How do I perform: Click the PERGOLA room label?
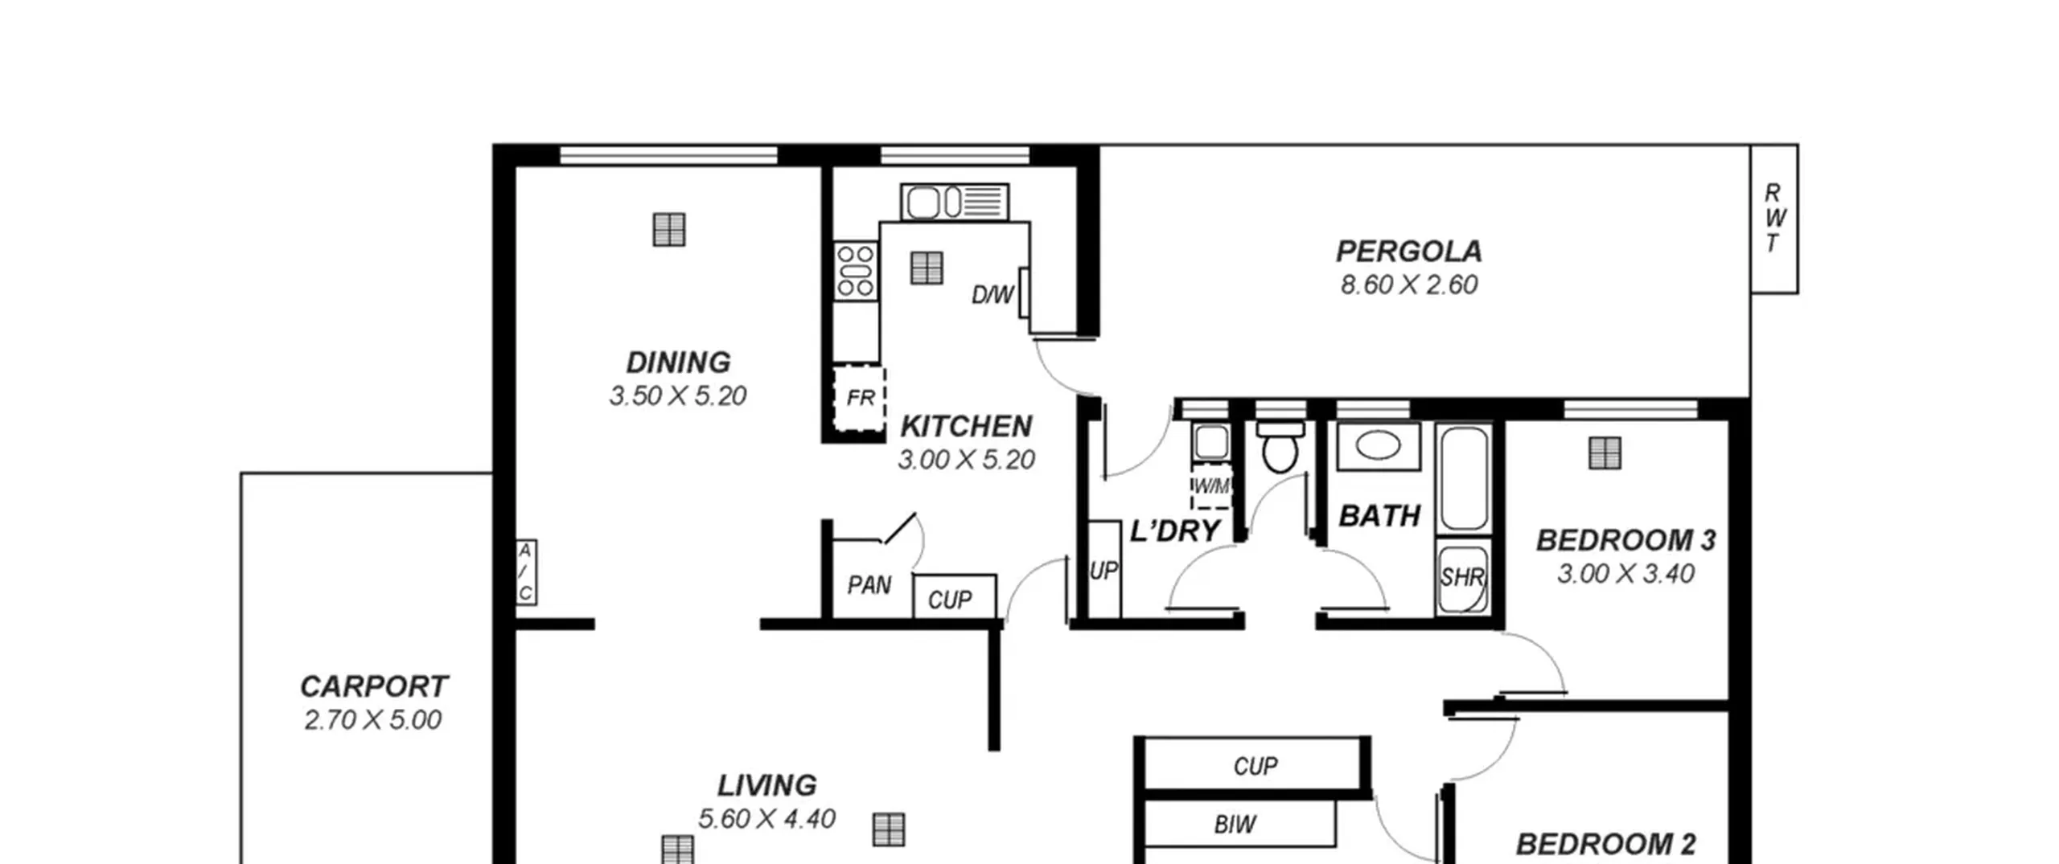coord(1408,252)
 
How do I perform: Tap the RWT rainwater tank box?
coord(1774,219)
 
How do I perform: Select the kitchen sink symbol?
coord(955,202)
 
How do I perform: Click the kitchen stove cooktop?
coord(855,271)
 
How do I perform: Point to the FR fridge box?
coord(859,398)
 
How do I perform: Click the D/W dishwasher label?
coord(993,295)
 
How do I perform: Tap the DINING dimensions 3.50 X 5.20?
coord(678,396)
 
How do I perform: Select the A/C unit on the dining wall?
coord(526,572)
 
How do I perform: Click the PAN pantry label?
coord(869,585)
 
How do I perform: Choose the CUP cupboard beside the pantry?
coord(955,596)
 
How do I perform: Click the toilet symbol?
coord(1280,448)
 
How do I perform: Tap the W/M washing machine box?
coord(1211,486)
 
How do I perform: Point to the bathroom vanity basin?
coord(1378,445)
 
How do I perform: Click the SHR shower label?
coord(1462,577)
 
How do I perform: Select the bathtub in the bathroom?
coord(1464,479)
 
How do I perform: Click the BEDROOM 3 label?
coord(1625,541)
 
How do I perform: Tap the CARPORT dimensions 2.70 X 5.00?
coord(373,720)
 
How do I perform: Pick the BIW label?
coord(1235,825)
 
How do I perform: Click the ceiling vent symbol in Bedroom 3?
coord(1605,454)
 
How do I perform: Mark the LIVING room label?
coord(766,785)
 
